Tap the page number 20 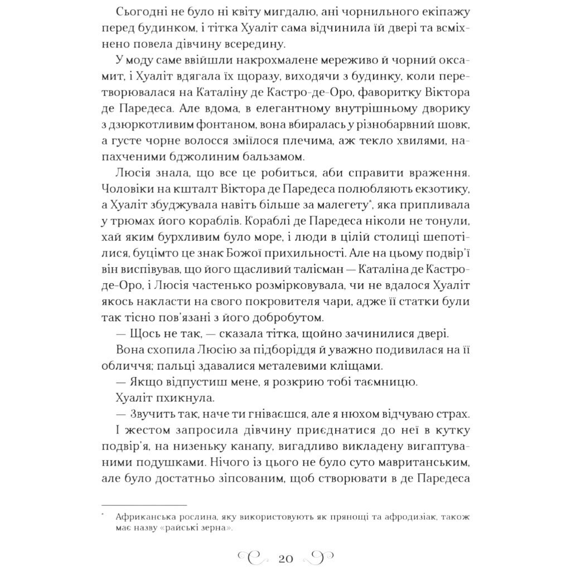[285, 557]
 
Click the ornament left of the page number [253, 557]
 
